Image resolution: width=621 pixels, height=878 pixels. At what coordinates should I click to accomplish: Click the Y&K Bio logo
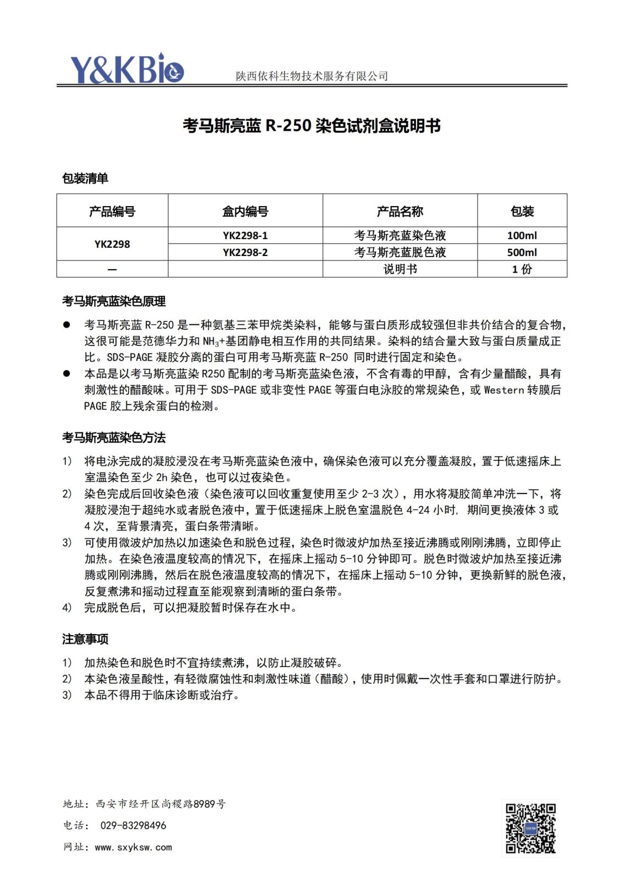point(126,69)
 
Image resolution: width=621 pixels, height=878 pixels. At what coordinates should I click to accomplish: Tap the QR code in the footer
point(530,828)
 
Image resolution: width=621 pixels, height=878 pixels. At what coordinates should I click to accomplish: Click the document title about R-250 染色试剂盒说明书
point(312,126)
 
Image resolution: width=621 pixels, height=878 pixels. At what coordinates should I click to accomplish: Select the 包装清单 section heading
point(85,178)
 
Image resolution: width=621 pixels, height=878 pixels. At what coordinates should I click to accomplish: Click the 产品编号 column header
point(112,211)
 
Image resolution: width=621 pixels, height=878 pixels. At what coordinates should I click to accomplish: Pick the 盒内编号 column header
point(245,211)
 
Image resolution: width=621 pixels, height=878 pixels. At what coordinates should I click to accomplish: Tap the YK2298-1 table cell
point(245,236)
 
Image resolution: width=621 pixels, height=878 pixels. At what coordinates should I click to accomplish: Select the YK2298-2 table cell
point(245,252)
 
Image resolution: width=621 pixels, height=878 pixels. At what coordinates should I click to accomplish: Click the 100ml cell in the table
point(522,236)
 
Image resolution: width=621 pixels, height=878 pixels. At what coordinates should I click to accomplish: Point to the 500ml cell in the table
point(522,252)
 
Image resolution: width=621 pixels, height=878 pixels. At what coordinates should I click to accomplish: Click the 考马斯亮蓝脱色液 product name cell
point(400,252)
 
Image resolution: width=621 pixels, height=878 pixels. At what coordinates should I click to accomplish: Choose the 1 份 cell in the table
point(522,269)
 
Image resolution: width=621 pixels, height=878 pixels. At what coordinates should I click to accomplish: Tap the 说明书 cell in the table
point(400,269)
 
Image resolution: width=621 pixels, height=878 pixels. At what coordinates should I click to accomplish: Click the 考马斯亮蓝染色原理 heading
point(114,301)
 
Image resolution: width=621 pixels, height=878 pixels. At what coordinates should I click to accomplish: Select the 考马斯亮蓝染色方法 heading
point(114,437)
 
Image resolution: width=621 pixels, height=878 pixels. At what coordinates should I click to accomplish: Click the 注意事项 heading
point(85,639)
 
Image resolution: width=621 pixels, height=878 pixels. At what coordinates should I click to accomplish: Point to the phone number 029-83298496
point(133,825)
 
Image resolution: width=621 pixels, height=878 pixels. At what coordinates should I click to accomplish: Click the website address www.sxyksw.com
point(133,847)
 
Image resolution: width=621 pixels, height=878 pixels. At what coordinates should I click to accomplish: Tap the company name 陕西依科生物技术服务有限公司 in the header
point(312,76)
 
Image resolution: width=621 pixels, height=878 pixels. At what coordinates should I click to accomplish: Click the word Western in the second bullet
point(503,390)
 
